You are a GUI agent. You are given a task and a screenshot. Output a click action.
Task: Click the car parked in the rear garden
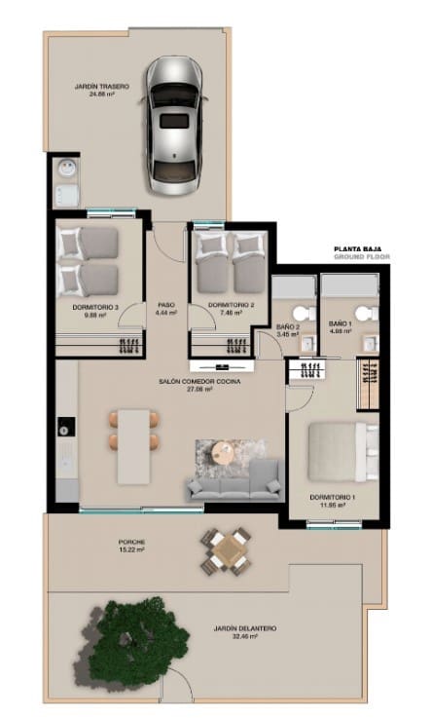pyautogui.click(x=175, y=125)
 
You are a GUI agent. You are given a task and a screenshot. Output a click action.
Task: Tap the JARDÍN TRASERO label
pyautogui.click(x=102, y=90)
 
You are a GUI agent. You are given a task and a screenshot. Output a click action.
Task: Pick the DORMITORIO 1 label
pyautogui.click(x=331, y=501)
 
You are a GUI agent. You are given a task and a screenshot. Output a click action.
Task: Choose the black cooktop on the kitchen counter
pyautogui.click(x=66, y=426)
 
